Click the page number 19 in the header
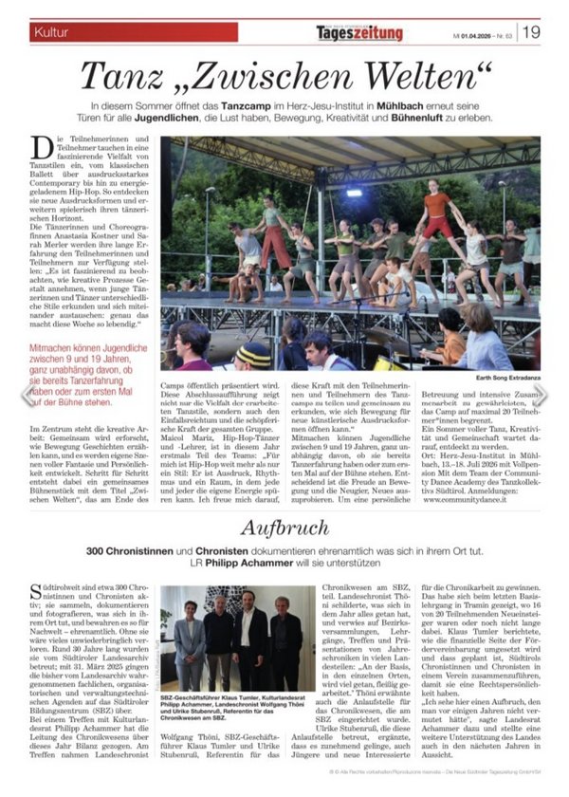click(531, 32)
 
